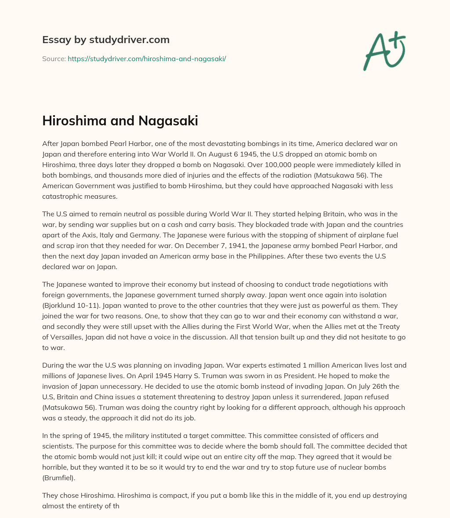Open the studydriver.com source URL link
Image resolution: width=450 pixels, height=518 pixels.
pyautogui.click(x=147, y=58)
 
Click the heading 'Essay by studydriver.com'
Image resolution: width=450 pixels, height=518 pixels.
pyautogui.click(x=106, y=40)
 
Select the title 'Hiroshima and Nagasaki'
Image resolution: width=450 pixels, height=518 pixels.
pyautogui.click(x=120, y=121)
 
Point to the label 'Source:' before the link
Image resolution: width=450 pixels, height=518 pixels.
pyautogui.click(x=54, y=58)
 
